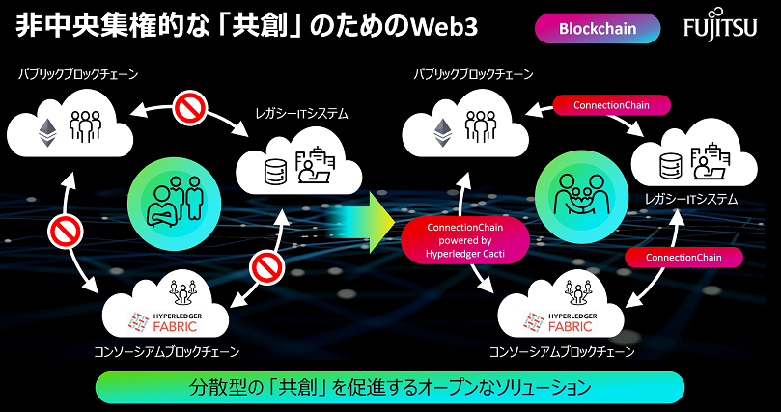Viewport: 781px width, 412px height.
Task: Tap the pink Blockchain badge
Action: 598,28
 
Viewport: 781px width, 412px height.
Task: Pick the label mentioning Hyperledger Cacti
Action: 465,238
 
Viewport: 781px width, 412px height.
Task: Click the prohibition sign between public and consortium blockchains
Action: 65,232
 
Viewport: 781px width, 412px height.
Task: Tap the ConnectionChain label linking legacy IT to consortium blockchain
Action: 683,257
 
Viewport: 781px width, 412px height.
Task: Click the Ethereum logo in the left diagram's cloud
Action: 47,130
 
